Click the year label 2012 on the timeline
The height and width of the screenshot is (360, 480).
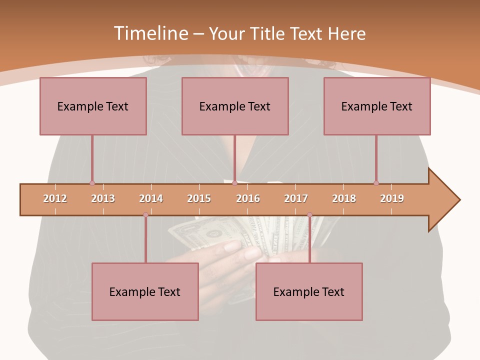(x=55, y=198)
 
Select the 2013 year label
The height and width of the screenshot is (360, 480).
(x=103, y=198)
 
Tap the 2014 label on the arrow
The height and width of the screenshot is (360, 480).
(x=151, y=198)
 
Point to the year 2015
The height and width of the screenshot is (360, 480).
(x=199, y=198)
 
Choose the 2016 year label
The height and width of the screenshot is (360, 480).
(x=248, y=198)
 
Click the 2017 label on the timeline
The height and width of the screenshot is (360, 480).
(x=296, y=198)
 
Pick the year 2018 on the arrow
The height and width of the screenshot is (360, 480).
(x=344, y=198)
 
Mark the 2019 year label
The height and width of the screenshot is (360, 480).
(x=392, y=198)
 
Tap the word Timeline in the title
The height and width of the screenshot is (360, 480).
(x=150, y=33)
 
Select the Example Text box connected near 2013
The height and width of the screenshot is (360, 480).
(x=93, y=106)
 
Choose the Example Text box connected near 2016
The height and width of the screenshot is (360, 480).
(x=235, y=106)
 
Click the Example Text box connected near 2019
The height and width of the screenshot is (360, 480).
(x=377, y=106)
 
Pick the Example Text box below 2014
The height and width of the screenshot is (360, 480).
(x=145, y=291)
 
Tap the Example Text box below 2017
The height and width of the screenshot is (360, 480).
(x=309, y=291)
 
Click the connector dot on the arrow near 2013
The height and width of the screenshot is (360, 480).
(x=92, y=183)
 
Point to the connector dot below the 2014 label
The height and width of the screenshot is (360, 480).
(x=145, y=215)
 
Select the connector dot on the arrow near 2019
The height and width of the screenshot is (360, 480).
(x=376, y=183)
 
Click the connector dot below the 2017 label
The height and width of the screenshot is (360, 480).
(x=309, y=215)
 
